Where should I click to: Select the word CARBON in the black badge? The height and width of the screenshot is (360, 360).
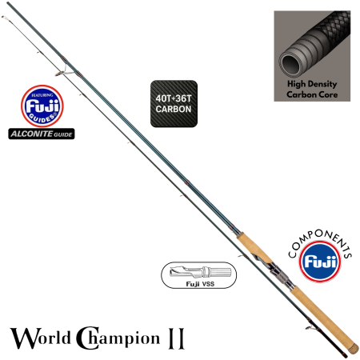(x=174, y=111)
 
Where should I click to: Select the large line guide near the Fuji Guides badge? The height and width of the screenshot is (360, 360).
(x=69, y=75)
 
